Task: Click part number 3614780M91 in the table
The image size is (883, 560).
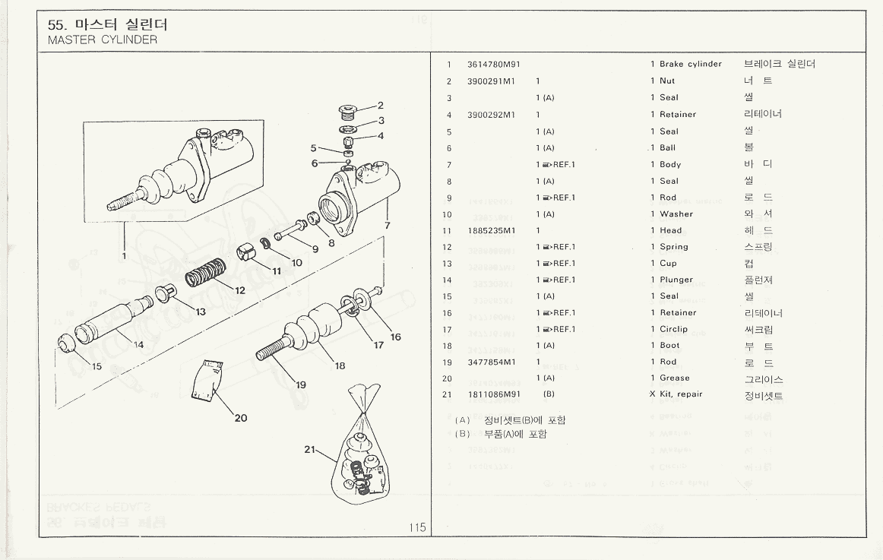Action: click(493, 65)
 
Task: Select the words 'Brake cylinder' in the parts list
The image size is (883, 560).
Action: click(690, 65)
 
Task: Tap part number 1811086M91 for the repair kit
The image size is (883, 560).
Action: click(493, 394)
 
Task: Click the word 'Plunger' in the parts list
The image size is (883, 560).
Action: click(676, 280)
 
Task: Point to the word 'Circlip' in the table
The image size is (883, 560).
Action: click(673, 329)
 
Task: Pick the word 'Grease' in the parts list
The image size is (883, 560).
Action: click(675, 378)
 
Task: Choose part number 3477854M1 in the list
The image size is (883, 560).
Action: click(491, 362)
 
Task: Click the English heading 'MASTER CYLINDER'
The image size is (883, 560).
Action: click(103, 40)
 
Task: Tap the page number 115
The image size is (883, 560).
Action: click(417, 527)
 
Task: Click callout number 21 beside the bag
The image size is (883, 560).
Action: click(310, 449)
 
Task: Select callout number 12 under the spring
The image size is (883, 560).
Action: click(239, 290)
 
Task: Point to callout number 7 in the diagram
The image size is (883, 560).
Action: click(387, 225)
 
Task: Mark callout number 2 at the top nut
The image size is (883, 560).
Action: click(381, 106)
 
